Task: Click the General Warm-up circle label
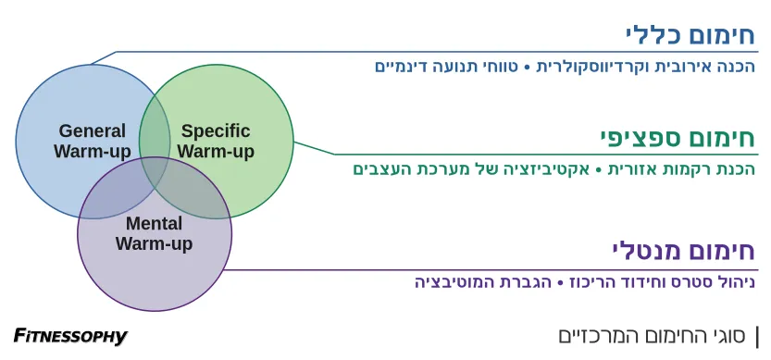[93, 141]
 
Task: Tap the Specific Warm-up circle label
[216, 141]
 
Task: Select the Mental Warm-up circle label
[154, 234]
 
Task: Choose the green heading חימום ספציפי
[677, 139]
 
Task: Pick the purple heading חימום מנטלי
[682, 251]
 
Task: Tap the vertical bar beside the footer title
[757, 336]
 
